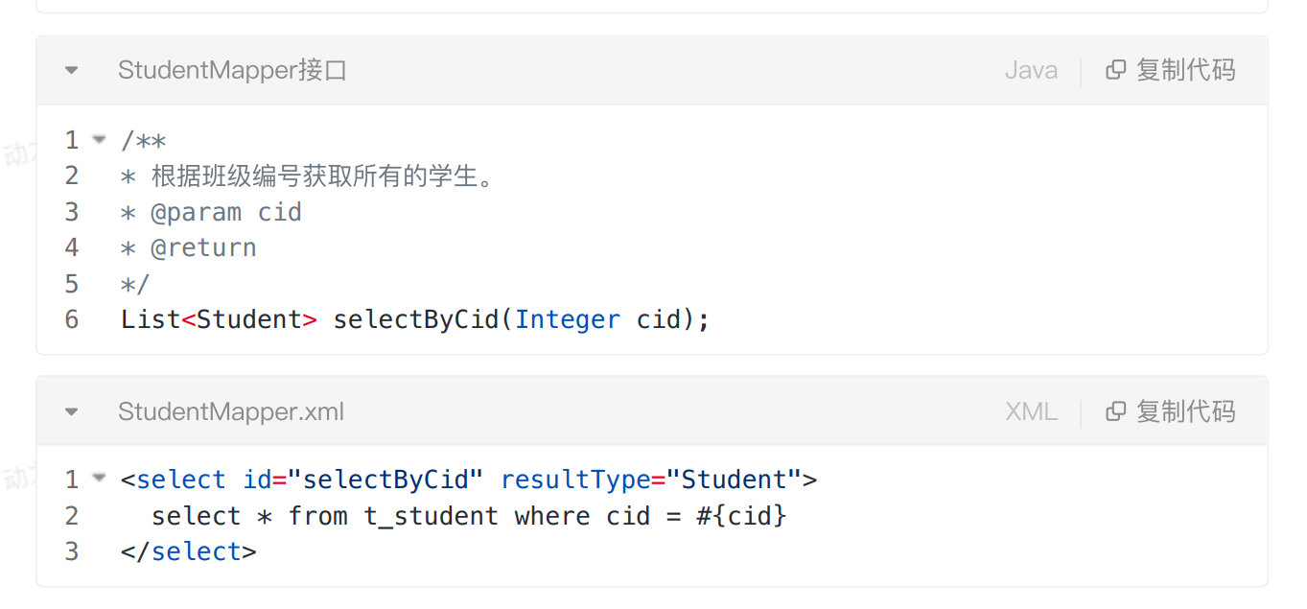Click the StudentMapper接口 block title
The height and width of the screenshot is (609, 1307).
[232, 70]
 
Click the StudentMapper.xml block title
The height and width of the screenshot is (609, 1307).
[230, 411]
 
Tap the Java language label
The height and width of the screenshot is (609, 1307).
[1031, 70]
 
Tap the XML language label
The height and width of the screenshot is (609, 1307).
[1031, 411]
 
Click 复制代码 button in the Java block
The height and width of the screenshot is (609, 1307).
[1171, 70]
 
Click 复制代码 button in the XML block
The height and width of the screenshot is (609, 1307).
[1171, 411]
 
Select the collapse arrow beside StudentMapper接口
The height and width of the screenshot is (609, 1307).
[71, 70]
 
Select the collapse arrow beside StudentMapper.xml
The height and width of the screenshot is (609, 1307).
[71, 411]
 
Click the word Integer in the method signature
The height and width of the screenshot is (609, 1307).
[568, 319]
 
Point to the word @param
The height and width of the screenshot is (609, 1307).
[197, 212]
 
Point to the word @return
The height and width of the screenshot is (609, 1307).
[203, 247]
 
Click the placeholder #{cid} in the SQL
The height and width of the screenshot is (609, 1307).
[741, 516]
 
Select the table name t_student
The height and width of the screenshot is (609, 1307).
[431, 516]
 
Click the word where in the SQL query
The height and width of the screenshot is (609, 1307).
[552, 516]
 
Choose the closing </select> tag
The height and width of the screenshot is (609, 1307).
[189, 551]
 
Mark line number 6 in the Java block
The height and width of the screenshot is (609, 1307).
[72, 319]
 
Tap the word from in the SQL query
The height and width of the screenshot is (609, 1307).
[317, 516]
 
